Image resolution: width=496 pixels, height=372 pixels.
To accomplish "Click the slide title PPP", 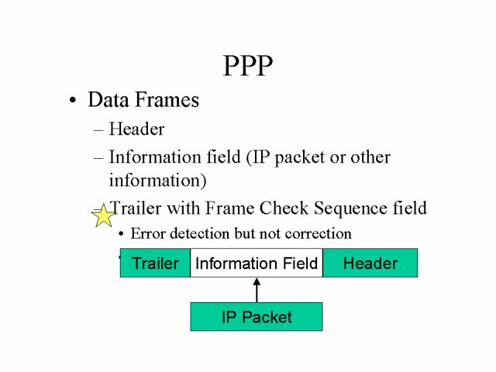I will pyautogui.click(x=248, y=65).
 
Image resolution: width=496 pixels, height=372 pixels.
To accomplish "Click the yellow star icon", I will pyautogui.click(x=103, y=216).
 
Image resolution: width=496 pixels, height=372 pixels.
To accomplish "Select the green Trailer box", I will pyautogui.click(x=155, y=263).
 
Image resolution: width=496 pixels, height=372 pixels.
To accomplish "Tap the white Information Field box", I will pyautogui.click(x=257, y=263).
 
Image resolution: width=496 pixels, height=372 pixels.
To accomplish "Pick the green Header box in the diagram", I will pyautogui.click(x=370, y=263).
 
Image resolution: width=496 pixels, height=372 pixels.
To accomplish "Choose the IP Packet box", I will pyautogui.click(x=257, y=317).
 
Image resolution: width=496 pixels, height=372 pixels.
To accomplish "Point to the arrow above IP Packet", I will pyautogui.click(x=257, y=289).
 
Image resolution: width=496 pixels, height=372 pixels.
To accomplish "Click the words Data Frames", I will pyautogui.click(x=143, y=100).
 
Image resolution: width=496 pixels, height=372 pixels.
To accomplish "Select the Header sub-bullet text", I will pyautogui.click(x=136, y=129).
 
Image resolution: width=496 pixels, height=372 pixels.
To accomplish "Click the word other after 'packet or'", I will pyautogui.click(x=370, y=157).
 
